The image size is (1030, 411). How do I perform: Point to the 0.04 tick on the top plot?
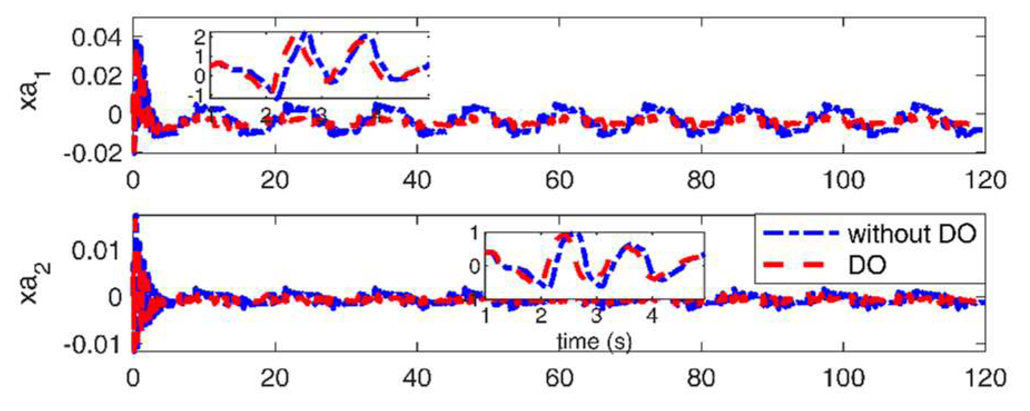[96, 38]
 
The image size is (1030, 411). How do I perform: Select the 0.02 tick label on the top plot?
[96, 76]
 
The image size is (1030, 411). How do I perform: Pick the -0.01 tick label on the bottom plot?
[93, 345]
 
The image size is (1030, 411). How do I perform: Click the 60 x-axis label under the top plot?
[559, 180]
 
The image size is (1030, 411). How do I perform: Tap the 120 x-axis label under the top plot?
[985, 180]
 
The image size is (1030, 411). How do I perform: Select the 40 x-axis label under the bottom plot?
[417, 378]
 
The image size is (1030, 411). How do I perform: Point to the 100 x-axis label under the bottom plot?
[843, 378]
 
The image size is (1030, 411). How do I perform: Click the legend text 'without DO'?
[912, 234]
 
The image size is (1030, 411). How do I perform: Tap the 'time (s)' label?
[594, 341]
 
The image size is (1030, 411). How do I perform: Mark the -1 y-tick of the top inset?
[196, 95]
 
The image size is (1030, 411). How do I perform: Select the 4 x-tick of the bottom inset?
[651, 316]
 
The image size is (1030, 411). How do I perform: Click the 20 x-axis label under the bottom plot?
[275, 378]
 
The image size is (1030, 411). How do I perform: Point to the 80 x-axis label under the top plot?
[701, 180]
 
